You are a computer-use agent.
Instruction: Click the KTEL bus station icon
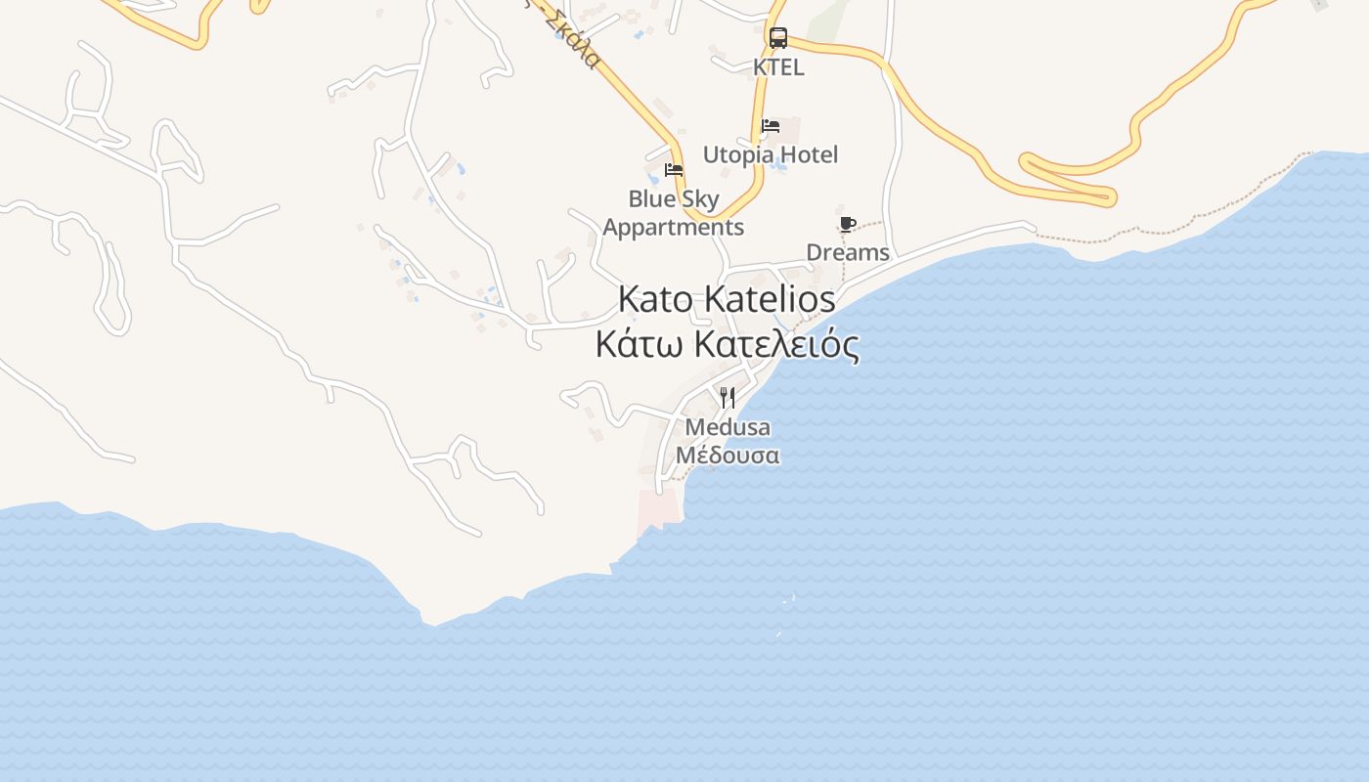click(x=778, y=38)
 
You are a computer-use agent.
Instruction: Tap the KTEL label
click(x=778, y=67)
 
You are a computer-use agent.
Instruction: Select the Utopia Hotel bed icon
click(x=771, y=126)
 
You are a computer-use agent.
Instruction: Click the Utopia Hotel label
click(x=771, y=154)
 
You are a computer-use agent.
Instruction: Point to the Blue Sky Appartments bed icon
click(x=674, y=170)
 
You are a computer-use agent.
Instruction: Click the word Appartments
click(x=674, y=228)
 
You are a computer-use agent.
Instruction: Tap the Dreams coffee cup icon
click(x=848, y=224)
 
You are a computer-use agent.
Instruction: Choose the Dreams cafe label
click(x=848, y=252)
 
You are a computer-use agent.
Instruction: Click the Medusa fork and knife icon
click(x=728, y=398)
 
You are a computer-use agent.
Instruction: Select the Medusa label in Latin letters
click(x=728, y=427)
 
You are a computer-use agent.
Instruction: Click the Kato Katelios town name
click(x=727, y=299)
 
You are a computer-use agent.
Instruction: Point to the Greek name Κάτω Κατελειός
click(x=727, y=344)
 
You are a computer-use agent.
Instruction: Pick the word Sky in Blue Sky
click(x=699, y=199)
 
